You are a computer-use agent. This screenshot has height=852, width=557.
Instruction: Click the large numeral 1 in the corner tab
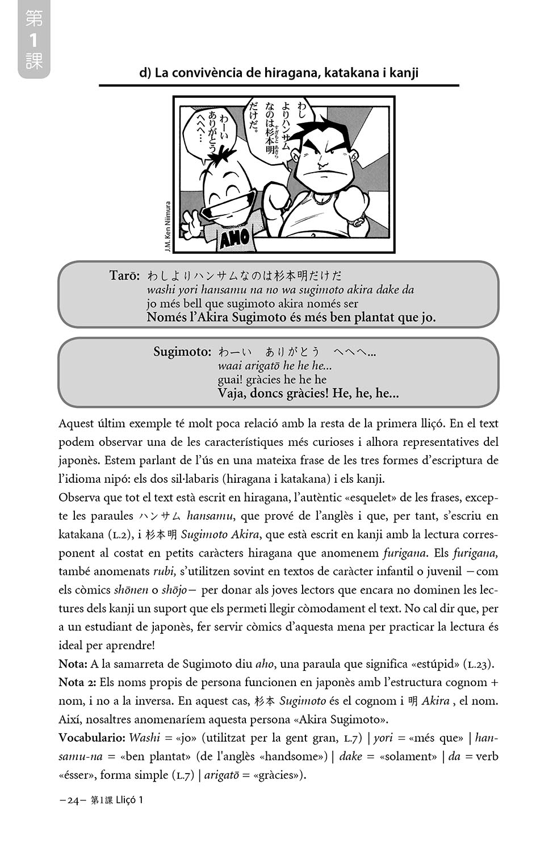tap(33, 40)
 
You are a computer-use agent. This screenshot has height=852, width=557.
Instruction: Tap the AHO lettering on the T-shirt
tap(234, 236)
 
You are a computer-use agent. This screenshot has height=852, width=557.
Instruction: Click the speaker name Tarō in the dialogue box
tap(124, 275)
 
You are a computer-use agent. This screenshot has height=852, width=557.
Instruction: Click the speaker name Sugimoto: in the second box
tap(182, 352)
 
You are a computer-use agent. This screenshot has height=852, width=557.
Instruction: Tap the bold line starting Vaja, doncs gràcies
tap(308, 393)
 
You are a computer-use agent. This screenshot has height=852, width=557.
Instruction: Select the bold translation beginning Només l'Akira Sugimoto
tap(291, 317)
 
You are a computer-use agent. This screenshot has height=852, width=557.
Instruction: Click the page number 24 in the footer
tap(72, 800)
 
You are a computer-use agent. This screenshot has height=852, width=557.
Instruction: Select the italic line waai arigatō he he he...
tap(275, 366)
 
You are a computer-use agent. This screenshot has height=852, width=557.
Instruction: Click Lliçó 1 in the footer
tap(129, 800)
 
